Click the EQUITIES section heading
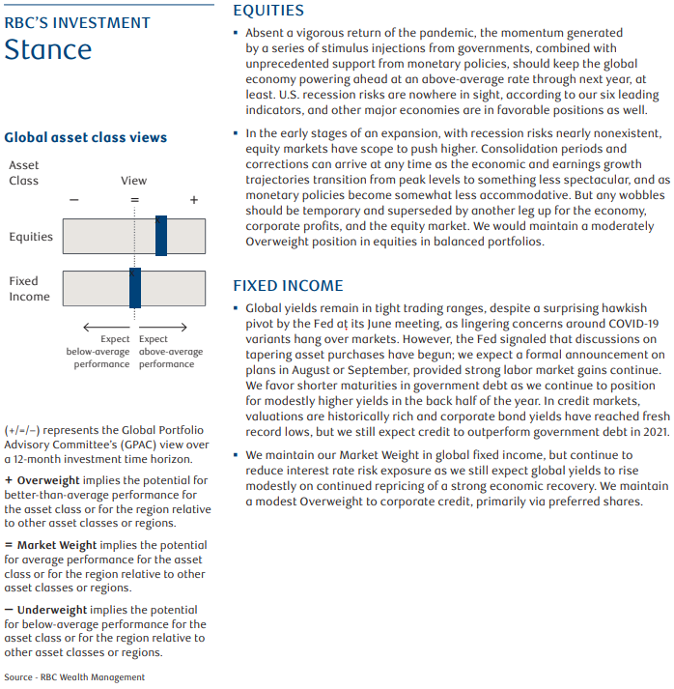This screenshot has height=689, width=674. click(268, 11)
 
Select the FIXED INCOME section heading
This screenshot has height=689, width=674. click(288, 285)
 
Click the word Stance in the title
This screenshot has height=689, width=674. click(48, 49)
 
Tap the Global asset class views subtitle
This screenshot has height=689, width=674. click(86, 138)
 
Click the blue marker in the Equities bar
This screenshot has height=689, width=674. click(161, 236)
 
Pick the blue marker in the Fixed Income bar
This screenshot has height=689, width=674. click(135, 288)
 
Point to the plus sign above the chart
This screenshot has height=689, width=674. click(194, 199)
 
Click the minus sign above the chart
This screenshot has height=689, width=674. click(74, 199)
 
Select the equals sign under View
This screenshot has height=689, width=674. click(134, 199)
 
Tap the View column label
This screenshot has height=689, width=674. click(134, 181)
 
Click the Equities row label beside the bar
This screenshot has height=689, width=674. click(30, 237)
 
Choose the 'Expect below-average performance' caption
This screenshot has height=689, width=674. click(98, 352)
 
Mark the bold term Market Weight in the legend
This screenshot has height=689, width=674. click(56, 545)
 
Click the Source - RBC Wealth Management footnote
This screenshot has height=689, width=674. click(74, 677)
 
